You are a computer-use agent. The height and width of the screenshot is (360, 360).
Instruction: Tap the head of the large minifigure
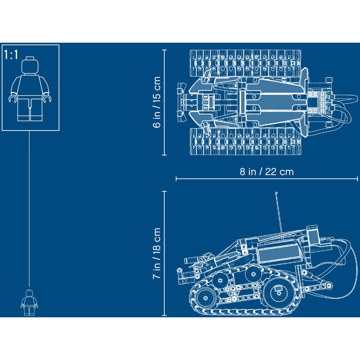pyautogui.click(x=29, y=66)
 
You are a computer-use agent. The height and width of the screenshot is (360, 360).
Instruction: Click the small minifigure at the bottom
pyautogui.click(x=29, y=302)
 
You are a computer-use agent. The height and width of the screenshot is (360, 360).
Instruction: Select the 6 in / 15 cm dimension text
pyautogui.click(x=157, y=102)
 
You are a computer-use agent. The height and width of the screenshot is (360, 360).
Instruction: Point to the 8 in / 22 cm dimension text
pyautogui.click(x=266, y=171)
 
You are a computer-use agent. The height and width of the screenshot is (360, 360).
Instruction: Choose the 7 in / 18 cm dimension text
pyautogui.click(x=157, y=254)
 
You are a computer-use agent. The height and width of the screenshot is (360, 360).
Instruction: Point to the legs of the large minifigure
pyautogui.click(x=29, y=109)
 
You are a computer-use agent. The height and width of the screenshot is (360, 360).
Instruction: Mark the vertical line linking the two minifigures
pyautogui.click(x=29, y=206)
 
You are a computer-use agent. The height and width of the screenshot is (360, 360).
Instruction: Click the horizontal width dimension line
pyautogui.click(x=266, y=179)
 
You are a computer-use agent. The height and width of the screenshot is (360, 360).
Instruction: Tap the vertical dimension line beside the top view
pyautogui.click(x=165, y=102)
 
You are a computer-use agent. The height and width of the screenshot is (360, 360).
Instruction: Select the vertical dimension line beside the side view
pyautogui.click(x=165, y=254)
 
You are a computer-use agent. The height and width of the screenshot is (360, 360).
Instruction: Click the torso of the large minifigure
pyautogui.click(x=29, y=86)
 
